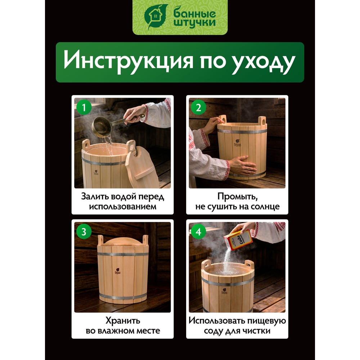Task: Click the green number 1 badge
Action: pyautogui.click(x=84, y=107)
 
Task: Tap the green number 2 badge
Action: pyautogui.click(x=198, y=107)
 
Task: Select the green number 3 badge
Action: pyautogui.click(x=84, y=231)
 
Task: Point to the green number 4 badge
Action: pyautogui.click(x=198, y=231)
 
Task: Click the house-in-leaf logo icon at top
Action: pyautogui.click(x=155, y=16)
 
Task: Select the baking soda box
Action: pyautogui.click(x=238, y=240)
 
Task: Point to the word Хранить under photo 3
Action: pyautogui.click(x=123, y=320)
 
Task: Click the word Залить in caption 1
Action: pyautogui.click(x=94, y=197)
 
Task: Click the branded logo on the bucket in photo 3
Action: pyautogui.click(x=117, y=271)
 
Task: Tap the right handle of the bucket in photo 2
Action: pyautogui.click(x=262, y=121)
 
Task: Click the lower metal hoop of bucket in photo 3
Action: pyautogui.click(x=123, y=296)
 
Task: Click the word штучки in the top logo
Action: pyautogui.click(x=194, y=23)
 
